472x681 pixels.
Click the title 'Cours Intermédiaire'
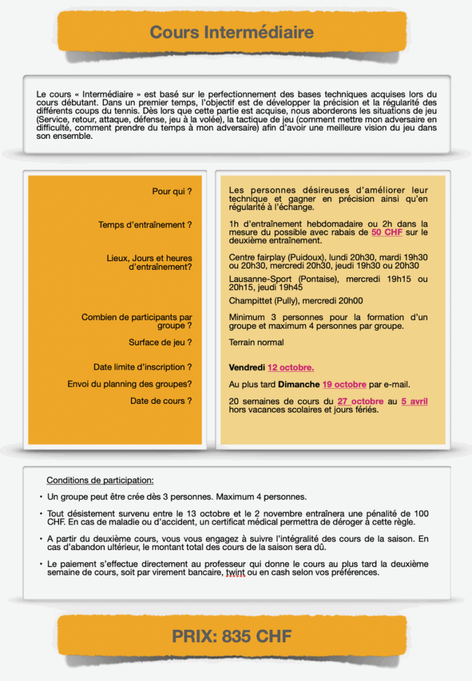click(232, 32)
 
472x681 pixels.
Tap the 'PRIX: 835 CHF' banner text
click(232, 636)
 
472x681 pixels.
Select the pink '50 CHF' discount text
click(386, 232)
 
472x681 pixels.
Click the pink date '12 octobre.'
click(291, 368)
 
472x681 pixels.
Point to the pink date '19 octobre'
click(344, 385)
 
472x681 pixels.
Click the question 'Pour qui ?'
click(172, 192)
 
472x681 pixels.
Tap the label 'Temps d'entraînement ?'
click(145, 225)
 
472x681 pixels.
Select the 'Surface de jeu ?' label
click(160, 342)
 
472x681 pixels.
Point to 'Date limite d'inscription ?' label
click(143, 367)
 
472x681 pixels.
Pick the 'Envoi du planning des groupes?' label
click(130, 384)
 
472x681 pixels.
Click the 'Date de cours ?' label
click(161, 401)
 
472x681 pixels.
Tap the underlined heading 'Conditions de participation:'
click(100, 480)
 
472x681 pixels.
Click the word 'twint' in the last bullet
click(235, 572)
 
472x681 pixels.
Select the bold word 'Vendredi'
click(246, 368)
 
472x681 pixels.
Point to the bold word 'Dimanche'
click(299, 385)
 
